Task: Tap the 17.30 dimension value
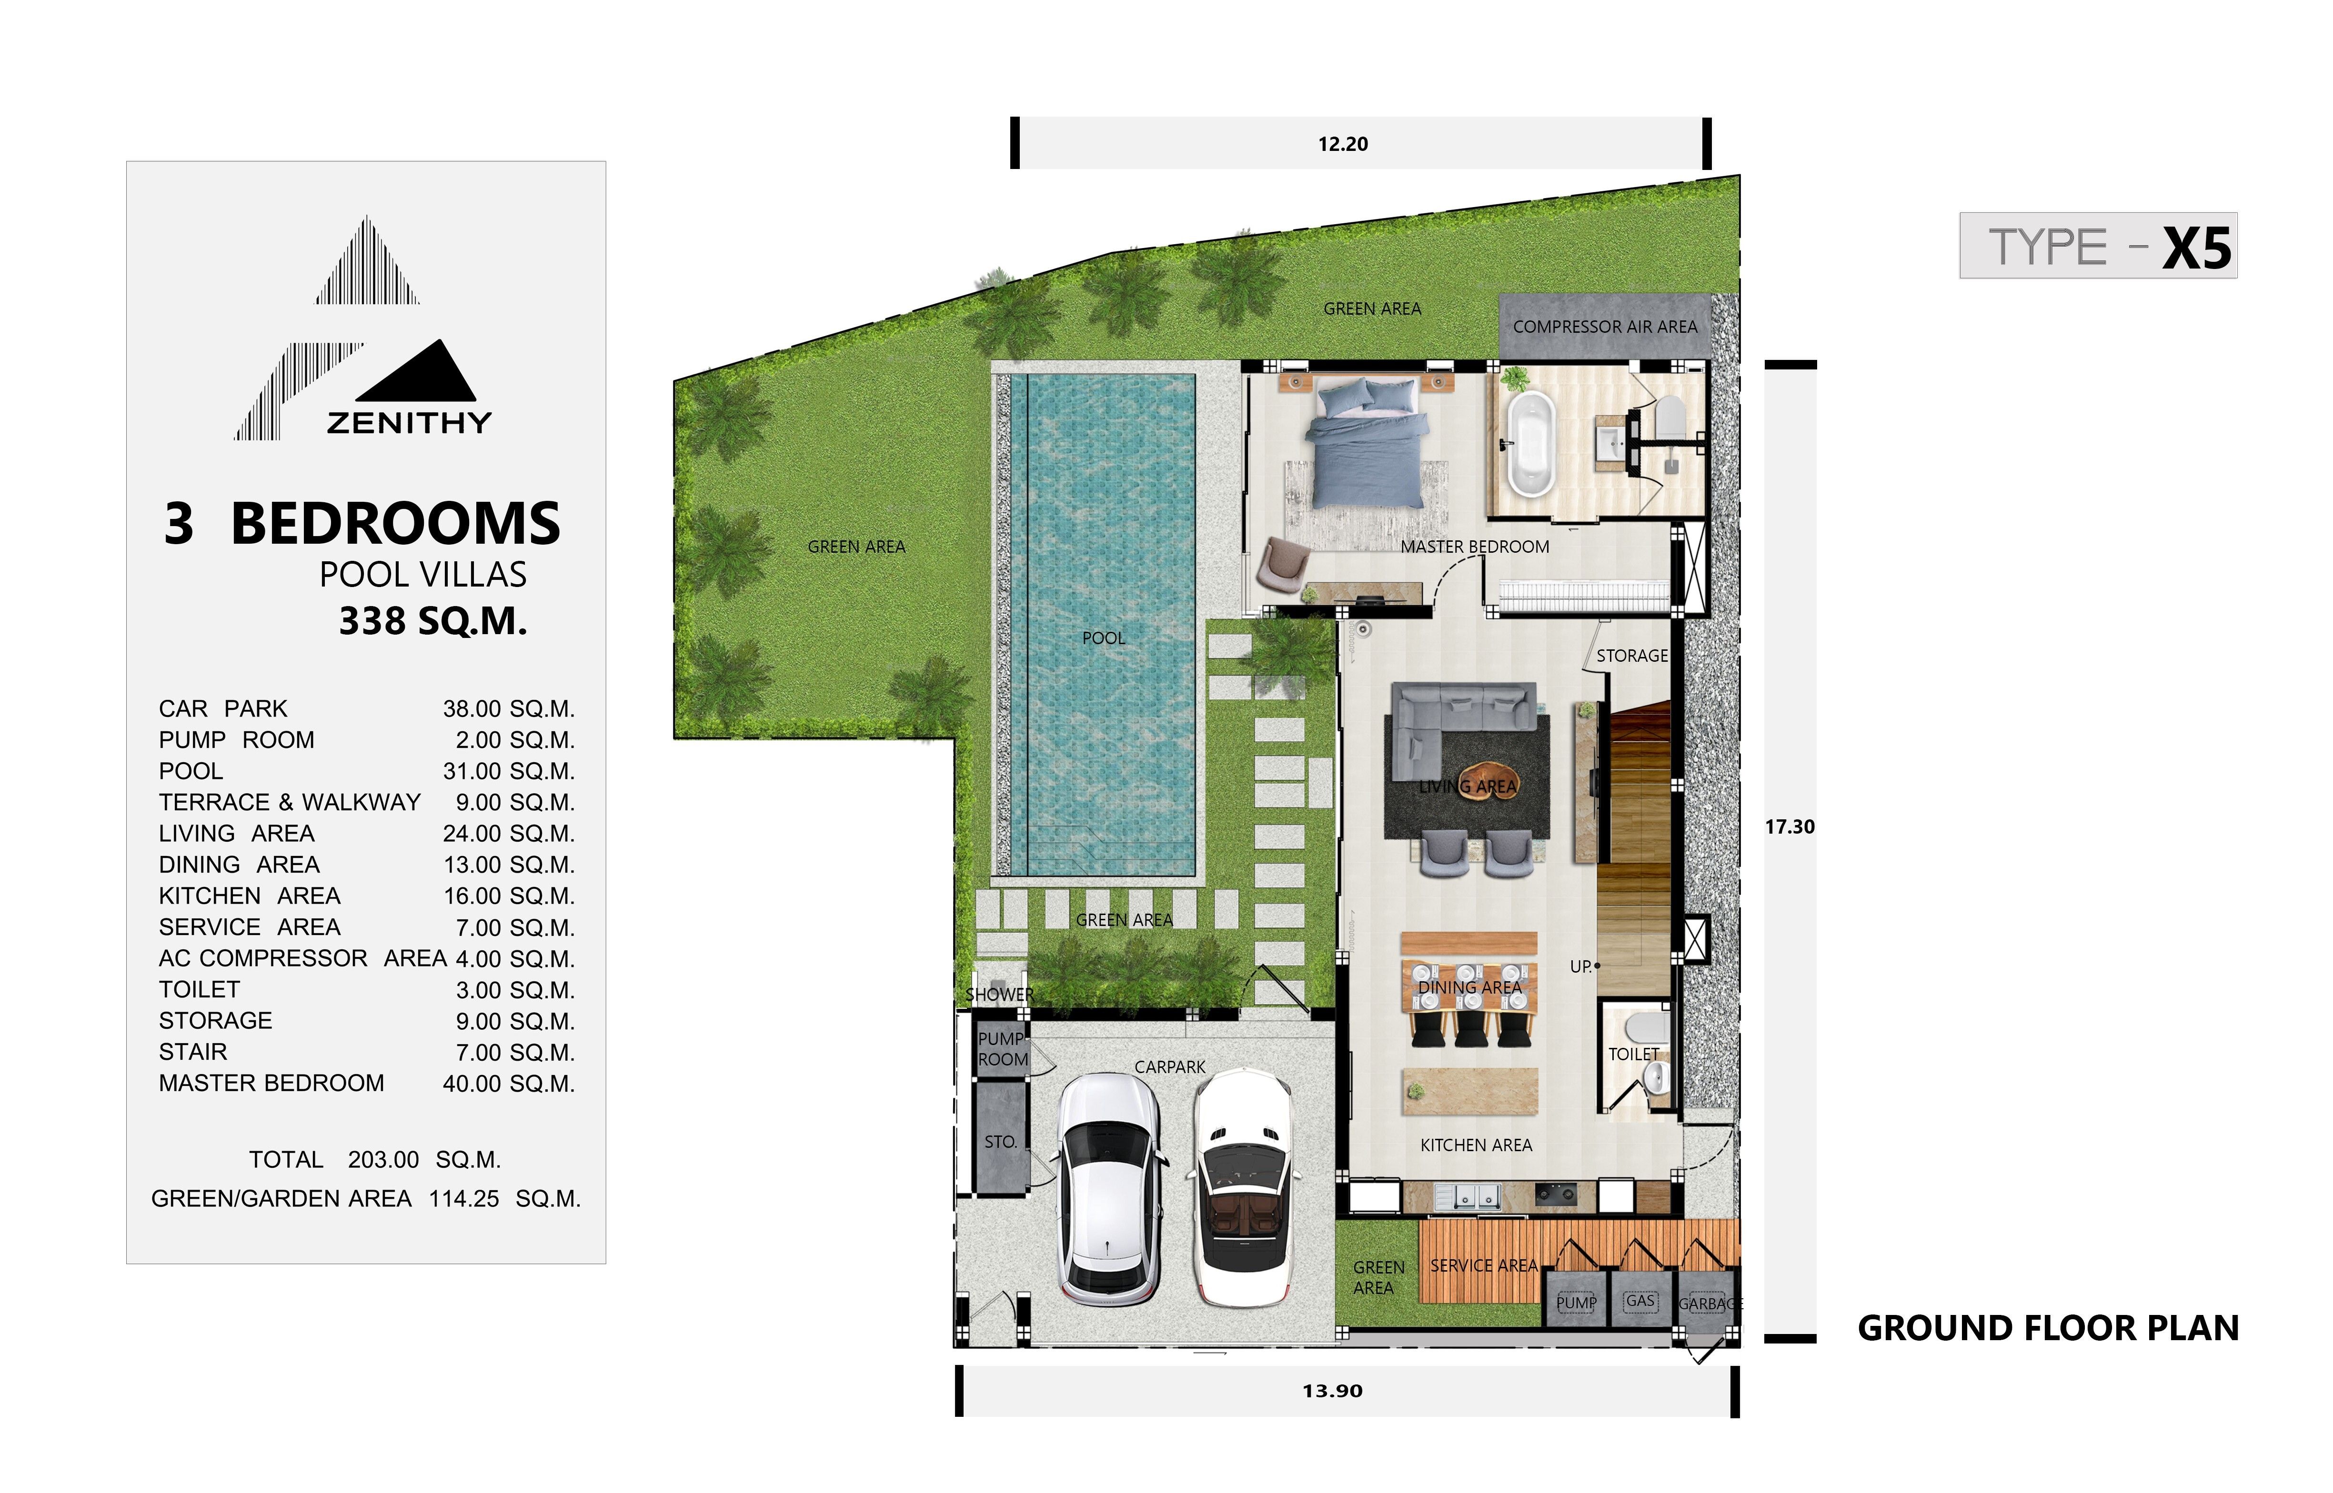1789,827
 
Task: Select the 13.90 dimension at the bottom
1332,1391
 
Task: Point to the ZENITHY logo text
409,423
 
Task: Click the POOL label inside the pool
1104,638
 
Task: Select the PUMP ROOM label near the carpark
1003,1049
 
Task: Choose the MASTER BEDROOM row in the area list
367,1084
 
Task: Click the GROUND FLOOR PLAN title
2048,1328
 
